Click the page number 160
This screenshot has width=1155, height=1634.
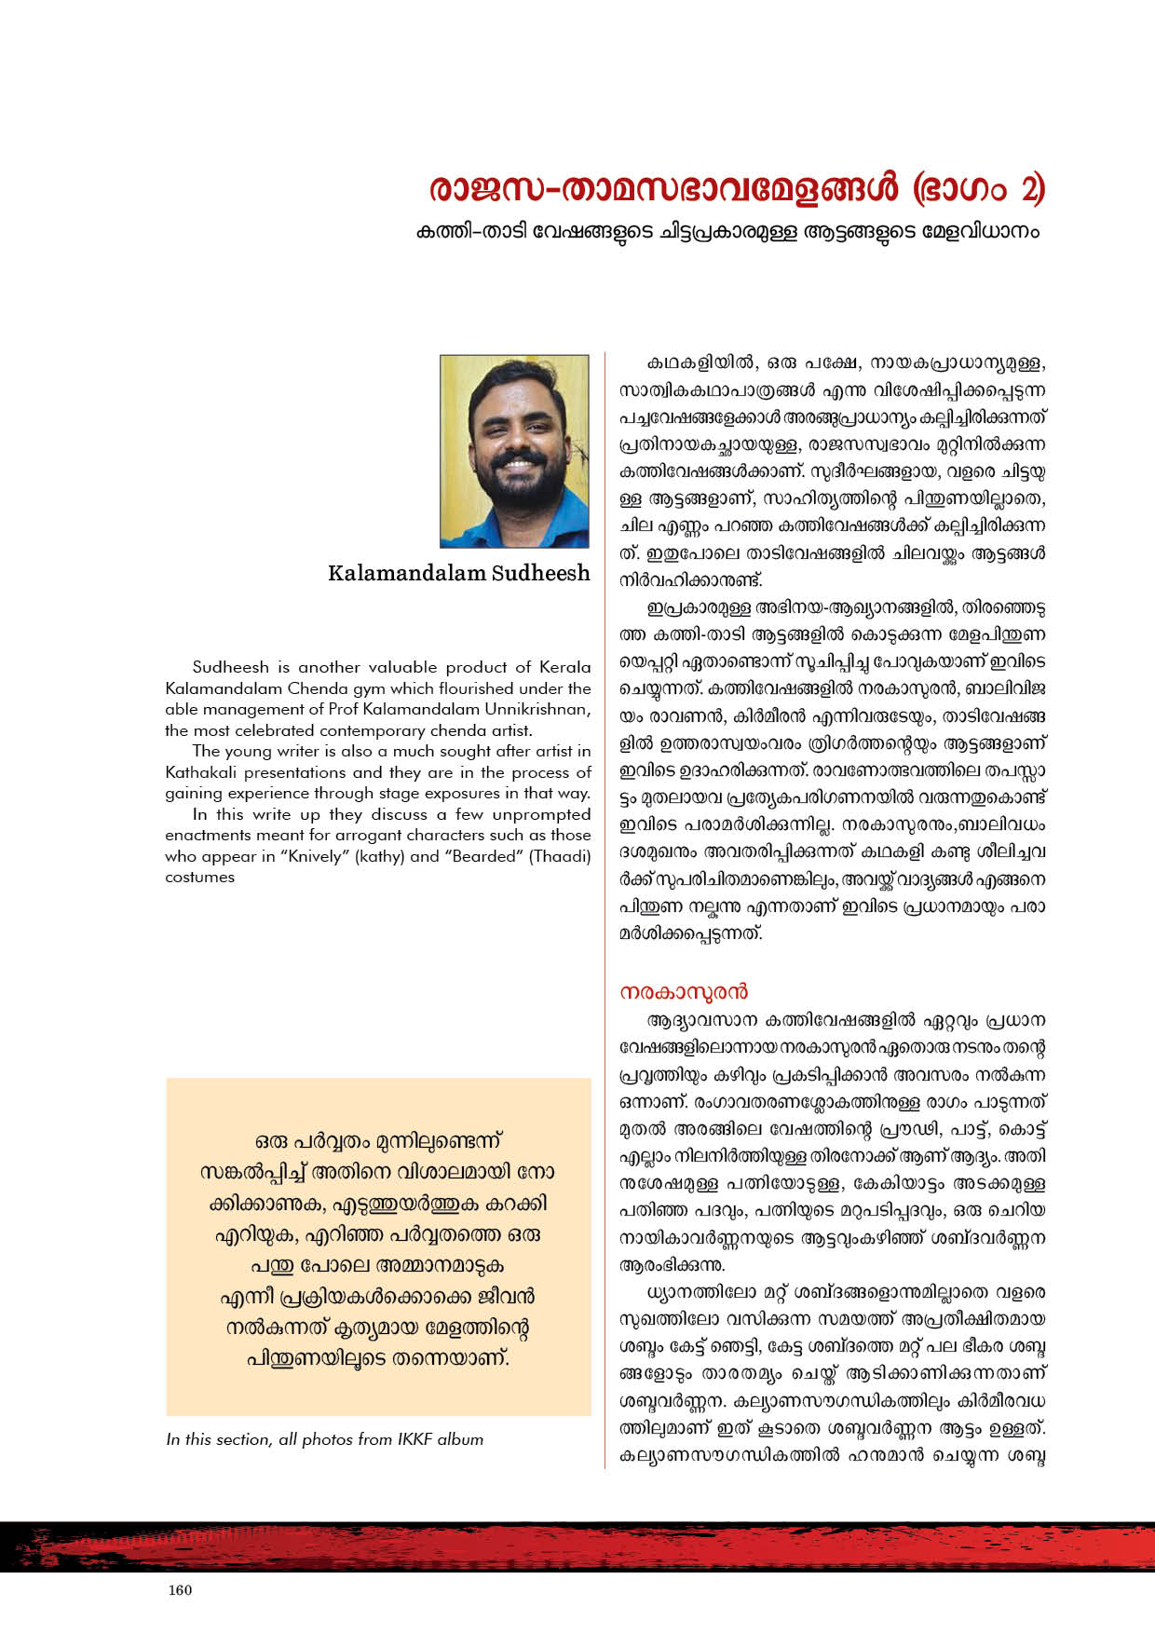(x=181, y=1590)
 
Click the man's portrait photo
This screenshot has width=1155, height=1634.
(x=514, y=451)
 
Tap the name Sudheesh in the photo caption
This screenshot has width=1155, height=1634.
(x=544, y=573)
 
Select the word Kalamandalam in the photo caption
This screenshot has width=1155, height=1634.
(x=407, y=573)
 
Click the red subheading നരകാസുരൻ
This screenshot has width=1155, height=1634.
(x=685, y=991)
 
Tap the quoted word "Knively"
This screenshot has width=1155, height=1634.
(x=316, y=856)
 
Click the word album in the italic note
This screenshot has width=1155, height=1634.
(x=460, y=1439)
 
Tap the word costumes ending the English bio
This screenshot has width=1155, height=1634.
(x=199, y=877)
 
